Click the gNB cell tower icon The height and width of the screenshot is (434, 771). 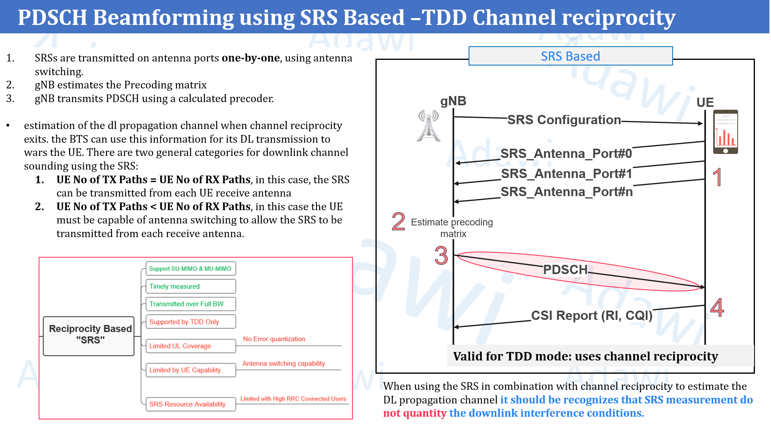click(x=429, y=126)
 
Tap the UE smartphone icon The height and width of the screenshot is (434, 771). click(x=725, y=132)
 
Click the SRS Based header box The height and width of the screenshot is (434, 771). click(x=570, y=56)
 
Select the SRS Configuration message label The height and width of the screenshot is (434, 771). click(x=564, y=120)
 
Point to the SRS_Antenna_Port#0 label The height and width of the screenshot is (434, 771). click(x=566, y=154)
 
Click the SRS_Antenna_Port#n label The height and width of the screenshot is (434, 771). click(x=567, y=192)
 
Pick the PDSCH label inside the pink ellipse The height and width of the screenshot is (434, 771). click(x=565, y=270)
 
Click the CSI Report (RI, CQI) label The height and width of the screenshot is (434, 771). click(x=592, y=315)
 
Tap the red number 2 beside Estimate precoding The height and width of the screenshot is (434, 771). click(x=398, y=221)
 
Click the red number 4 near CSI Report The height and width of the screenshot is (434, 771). click(x=717, y=308)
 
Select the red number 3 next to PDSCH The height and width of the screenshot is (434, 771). click(x=441, y=256)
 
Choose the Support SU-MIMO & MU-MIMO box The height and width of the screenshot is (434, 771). click(x=190, y=269)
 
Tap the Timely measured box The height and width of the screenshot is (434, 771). click(x=190, y=287)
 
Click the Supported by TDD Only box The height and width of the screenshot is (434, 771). click(x=190, y=322)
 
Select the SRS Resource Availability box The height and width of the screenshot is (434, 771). click(x=190, y=404)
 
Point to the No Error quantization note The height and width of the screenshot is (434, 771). click(x=274, y=339)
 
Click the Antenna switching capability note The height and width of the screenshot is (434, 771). click(x=284, y=364)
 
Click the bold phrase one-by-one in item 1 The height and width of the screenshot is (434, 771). click(x=251, y=58)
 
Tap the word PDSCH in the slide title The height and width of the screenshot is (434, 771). click(x=52, y=18)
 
